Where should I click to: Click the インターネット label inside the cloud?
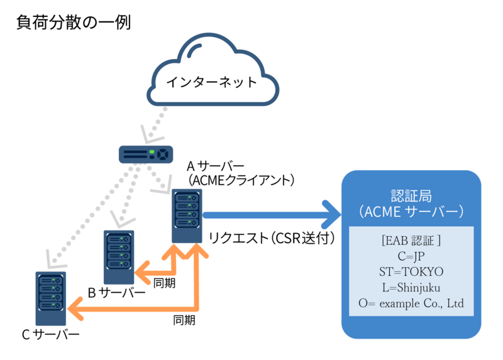click(211, 82)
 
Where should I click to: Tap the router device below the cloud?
click(146, 153)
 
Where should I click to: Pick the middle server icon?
click(119, 257)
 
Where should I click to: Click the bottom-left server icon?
click(51, 298)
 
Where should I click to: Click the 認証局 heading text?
click(411, 194)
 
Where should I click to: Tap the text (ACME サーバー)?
click(411, 212)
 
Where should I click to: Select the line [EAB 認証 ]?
click(411, 240)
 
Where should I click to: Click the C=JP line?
click(411, 256)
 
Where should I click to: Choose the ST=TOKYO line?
click(411, 271)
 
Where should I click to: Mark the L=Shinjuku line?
click(411, 288)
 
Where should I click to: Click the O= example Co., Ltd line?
click(411, 304)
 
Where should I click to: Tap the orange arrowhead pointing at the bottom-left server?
click(75, 308)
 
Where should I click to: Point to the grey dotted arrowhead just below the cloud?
click(150, 133)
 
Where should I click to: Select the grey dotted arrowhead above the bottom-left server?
click(51, 258)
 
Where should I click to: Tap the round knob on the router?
click(163, 153)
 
